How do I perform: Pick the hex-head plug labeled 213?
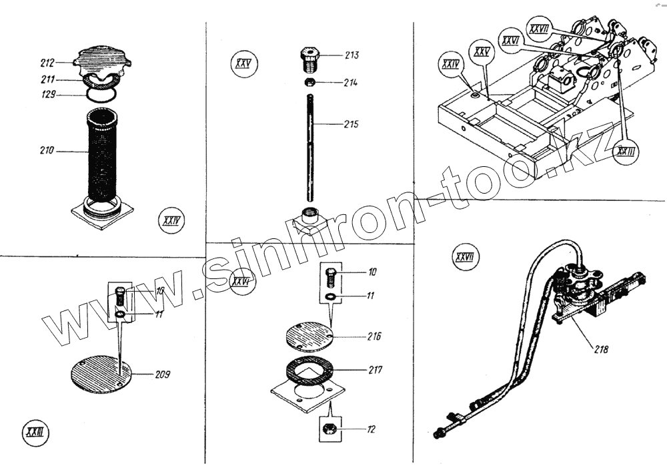pyautogui.click(x=310, y=59)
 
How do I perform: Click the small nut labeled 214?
pyautogui.click(x=309, y=82)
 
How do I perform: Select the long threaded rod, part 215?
pyautogui.click(x=310, y=147)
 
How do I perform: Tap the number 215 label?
pyautogui.click(x=352, y=124)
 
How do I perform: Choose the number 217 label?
pyautogui.click(x=374, y=369)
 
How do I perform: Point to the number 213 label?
pyautogui.click(x=352, y=55)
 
